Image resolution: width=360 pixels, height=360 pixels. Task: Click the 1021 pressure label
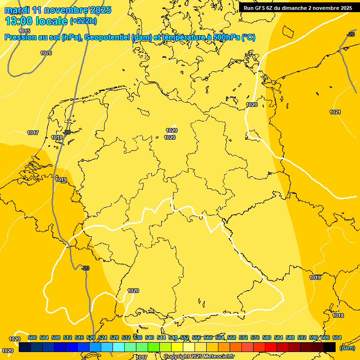point(335,112)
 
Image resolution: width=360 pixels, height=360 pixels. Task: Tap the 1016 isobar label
point(46,53)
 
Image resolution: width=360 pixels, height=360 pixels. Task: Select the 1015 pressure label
point(24,31)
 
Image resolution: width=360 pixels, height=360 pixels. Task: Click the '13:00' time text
point(19,21)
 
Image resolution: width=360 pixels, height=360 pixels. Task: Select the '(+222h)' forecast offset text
point(83,21)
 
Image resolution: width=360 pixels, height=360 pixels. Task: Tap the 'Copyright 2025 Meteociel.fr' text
point(199,357)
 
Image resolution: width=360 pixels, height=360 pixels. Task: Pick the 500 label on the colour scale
point(32,337)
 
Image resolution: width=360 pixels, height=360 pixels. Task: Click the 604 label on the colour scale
point(337,337)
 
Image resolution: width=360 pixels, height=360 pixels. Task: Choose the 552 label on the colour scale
point(185,337)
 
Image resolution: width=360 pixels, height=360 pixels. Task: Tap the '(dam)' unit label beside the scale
point(347,348)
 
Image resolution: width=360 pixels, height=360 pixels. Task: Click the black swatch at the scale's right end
point(330,347)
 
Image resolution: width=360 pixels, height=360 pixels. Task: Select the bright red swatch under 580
point(271,347)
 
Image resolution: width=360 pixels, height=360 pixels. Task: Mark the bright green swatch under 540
point(154,347)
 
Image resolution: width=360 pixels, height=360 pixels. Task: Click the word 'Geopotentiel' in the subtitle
point(104,37)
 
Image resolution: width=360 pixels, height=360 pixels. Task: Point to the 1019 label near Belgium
point(61,180)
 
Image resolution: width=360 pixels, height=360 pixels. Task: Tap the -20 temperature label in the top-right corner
point(351,34)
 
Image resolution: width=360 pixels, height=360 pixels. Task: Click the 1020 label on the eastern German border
point(252,105)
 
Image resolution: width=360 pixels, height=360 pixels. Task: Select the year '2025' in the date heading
point(100,10)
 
